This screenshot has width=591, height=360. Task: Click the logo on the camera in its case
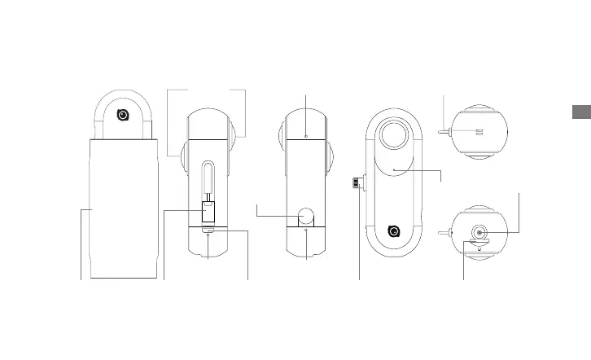[122, 115]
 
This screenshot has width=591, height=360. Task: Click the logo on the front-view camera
[394, 231]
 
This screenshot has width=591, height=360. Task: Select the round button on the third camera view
[306, 215]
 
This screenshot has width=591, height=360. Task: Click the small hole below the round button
[306, 231]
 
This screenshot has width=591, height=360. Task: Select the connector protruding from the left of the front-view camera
[357, 182]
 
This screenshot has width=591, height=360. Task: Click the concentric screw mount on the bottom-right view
[479, 232]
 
